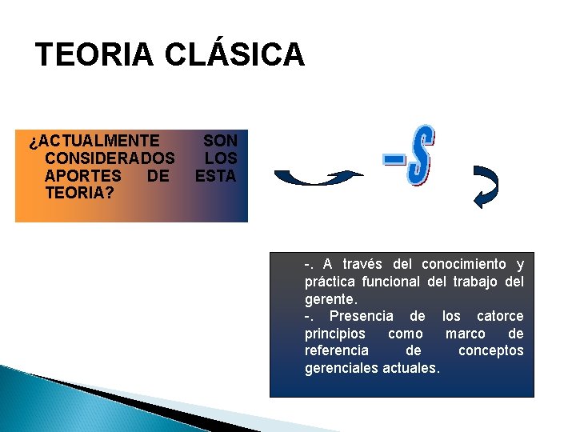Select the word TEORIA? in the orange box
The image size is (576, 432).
pos(79,193)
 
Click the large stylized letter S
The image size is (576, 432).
pos(421,156)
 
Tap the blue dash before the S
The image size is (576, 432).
pos(394,161)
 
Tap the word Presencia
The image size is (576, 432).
pos(361,317)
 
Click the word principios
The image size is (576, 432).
pos(334,334)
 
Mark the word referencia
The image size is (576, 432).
pos(337,351)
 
